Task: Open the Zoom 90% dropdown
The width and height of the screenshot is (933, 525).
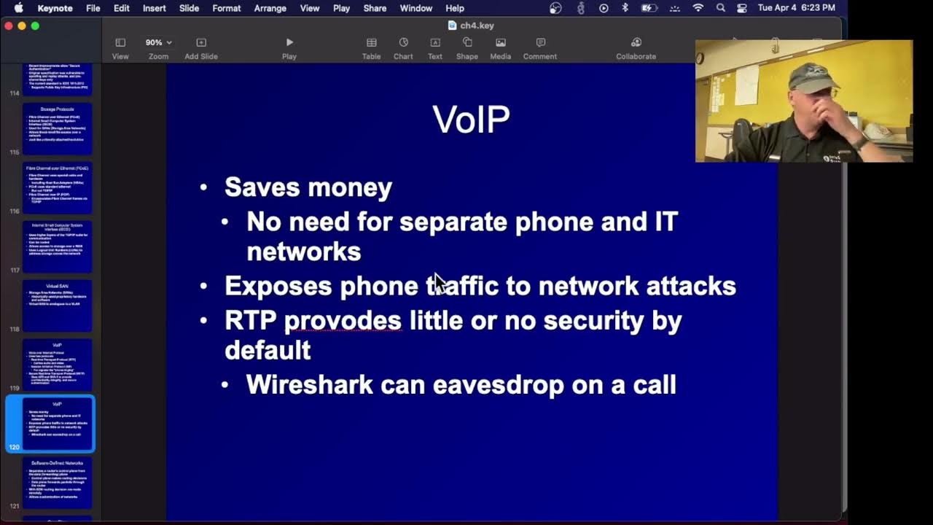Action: pyautogui.click(x=158, y=43)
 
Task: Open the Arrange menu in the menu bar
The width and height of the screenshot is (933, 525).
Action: pyautogui.click(x=270, y=8)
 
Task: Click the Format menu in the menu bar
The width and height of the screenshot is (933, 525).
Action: pyautogui.click(x=227, y=8)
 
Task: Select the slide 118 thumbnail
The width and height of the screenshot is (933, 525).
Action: pyautogui.click(x=57, y=305)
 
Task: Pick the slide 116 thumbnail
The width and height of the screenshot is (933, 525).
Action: pyautogui.click(x=57, y=187)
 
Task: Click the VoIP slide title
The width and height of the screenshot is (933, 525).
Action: pyautogui.click(x=471, y=120)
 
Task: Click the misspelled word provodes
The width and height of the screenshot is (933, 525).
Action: pyautogui.click(x=343, y=320)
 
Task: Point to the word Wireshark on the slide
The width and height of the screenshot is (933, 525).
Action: pyautogui.click(x=309, y=384)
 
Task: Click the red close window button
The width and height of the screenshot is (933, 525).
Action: pyautogui.click(x=9, y=26)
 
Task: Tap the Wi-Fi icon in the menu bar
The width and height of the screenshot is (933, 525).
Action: pyautogui.click(x=698, y=8)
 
